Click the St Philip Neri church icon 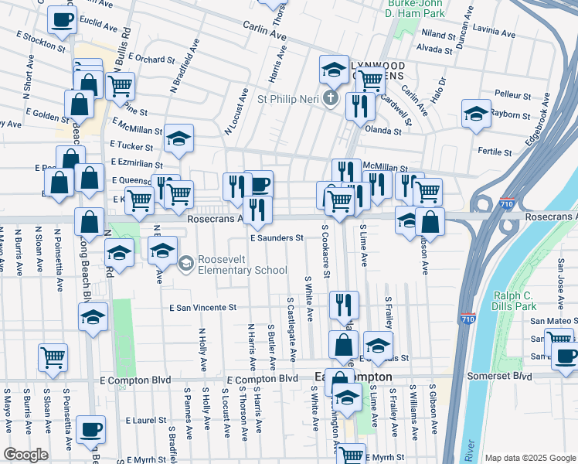331,97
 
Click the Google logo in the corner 26,455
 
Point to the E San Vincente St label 202,307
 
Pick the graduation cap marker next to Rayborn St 476,113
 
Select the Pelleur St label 512,94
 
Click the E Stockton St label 43,41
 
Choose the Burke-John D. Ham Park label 416,9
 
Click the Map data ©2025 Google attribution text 529,458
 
